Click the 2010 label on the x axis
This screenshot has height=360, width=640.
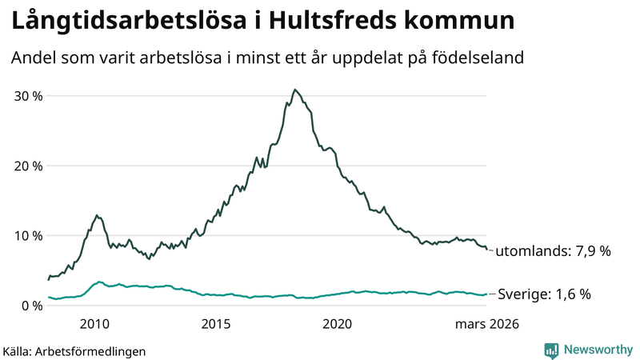pos(94,324)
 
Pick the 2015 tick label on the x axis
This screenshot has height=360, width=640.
pos(216,324)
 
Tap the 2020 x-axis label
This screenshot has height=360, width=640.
pos(337,324)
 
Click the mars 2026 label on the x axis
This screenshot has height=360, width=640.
pos(487,324)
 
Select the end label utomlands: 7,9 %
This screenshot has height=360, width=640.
pos(553,251)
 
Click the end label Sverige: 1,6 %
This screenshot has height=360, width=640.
pos(544,294)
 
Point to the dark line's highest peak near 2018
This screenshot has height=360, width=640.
pos(295,90)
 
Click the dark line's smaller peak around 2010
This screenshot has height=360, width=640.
pos(97,215)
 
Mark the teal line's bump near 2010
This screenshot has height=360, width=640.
pos(98,282)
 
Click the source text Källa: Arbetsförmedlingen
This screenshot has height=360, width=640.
pos(74,351)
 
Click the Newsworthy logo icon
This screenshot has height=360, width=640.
pos(551,350)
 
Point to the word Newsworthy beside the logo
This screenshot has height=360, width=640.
pos(597,350)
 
